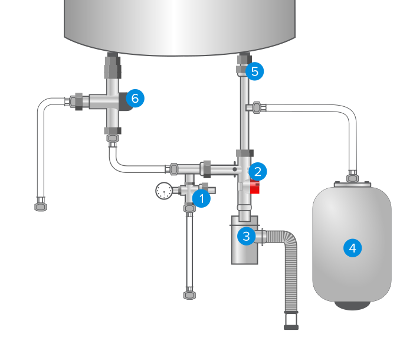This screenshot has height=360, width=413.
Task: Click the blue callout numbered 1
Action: tap(202, 198)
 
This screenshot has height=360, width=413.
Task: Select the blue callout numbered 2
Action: tap(258, 172)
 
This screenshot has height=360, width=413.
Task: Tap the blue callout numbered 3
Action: tap(246, 236)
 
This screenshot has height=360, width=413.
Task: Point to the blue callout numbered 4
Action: tap(352, 248)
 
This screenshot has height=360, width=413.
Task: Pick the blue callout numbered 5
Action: tap(254, 71)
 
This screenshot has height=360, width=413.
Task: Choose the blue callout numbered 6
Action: tap(135, 99)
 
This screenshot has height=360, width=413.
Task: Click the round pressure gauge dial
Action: tap(164, 191)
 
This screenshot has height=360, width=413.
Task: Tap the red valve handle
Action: tap(255, 187)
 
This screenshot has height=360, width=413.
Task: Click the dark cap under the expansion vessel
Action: tap(352, 306)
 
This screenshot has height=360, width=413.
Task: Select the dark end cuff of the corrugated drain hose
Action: tap(291, 328)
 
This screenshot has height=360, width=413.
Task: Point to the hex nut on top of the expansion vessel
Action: tap(352, 178)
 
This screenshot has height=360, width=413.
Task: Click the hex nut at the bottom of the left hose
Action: tap(41, 207)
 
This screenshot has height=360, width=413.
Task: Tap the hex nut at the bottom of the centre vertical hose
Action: tap(189, 295)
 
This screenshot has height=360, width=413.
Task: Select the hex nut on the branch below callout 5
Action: tap(257, 107)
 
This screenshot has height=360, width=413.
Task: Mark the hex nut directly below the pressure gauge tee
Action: tap(189, 208)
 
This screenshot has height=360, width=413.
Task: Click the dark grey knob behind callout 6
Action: tap(124, 102)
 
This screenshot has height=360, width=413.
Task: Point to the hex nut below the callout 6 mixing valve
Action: tap(113, 138)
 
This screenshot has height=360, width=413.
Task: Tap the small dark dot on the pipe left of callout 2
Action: tap(235, 169)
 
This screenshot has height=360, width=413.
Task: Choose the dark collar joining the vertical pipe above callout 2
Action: tap(245, 153)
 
